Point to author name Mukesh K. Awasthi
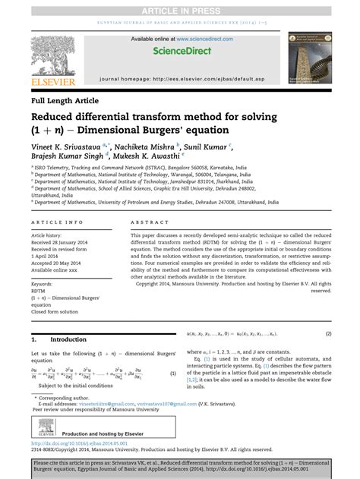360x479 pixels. point(172,161)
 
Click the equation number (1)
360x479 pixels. point(172,373)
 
